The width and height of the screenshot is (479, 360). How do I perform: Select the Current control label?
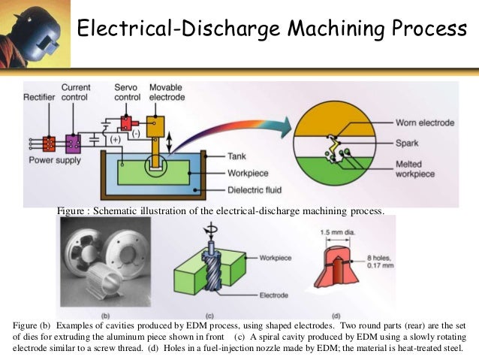[x=77, y=93]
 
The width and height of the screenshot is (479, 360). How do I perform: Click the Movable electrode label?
[x=166, y=93]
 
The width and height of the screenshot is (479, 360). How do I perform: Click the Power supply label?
[x=55, y=159]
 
